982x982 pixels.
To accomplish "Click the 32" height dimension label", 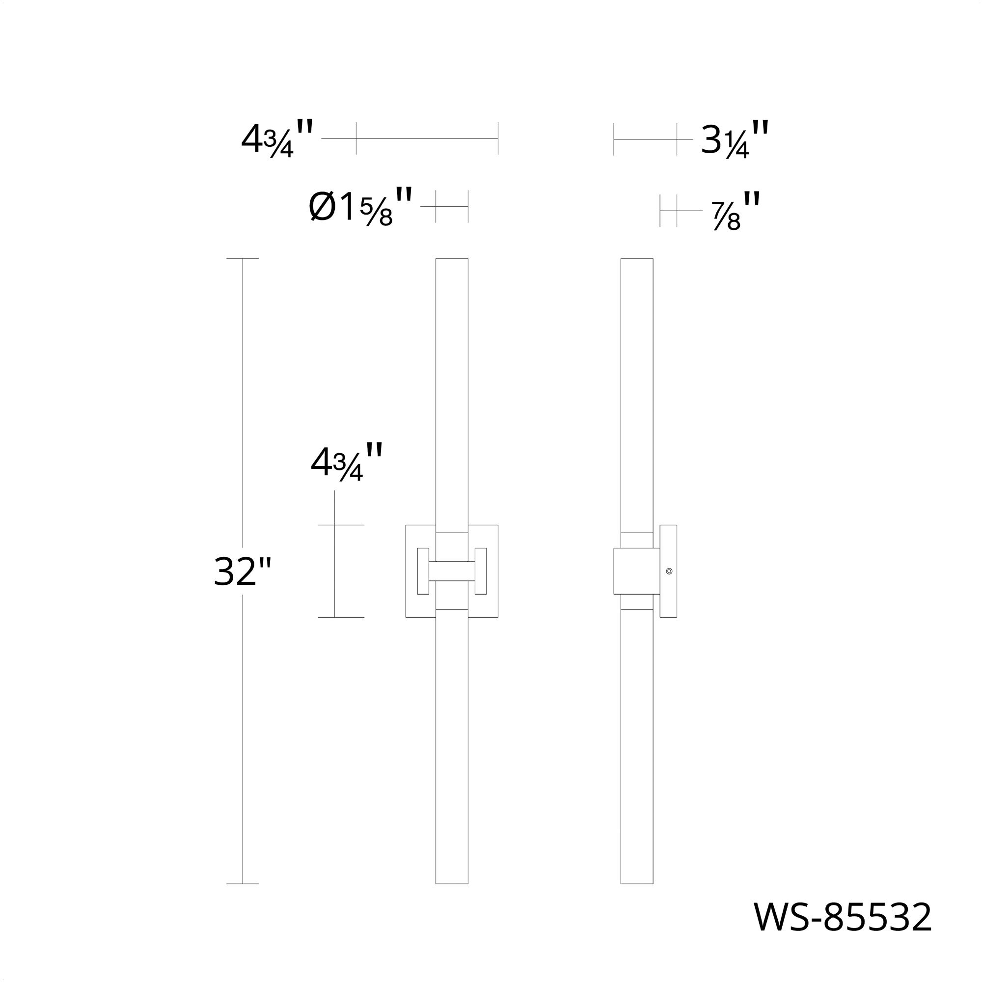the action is (x=243, y=572).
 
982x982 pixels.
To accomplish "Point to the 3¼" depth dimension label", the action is (x=735, y=139).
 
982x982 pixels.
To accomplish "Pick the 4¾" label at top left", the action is (x=277, y=139).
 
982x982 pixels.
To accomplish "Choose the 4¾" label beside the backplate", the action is (x=347, y=462).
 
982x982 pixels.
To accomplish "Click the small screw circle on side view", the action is (x=669, y=572).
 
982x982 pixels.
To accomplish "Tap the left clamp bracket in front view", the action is (x=423, y=571).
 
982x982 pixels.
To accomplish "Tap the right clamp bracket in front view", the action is (x=481, y=571).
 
